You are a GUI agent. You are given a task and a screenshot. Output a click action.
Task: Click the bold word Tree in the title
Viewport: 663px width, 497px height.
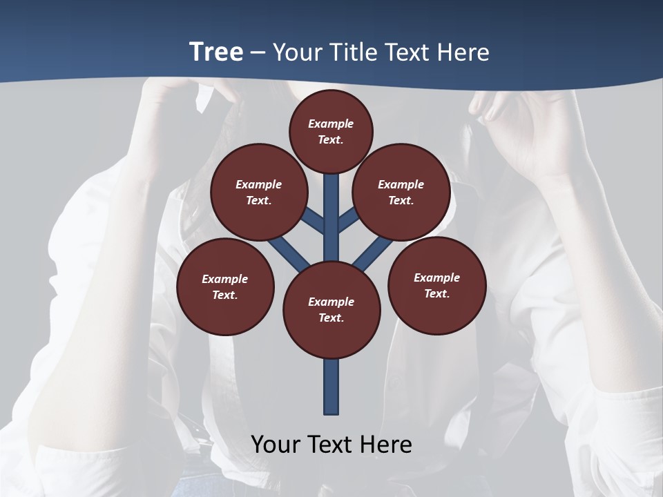pos(216,52)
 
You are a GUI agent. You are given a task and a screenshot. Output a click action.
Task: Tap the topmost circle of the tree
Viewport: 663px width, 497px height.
pos(331,131)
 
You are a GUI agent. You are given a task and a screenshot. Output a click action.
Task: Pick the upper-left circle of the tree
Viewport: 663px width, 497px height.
pos(259,192)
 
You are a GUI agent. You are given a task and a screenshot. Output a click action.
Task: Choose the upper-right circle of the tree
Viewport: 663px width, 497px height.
pos(401,192)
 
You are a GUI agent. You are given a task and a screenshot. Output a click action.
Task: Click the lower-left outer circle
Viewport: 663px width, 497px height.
pos(225,286)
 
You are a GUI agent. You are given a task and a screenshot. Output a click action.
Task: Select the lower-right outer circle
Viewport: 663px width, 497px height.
pos(436,285)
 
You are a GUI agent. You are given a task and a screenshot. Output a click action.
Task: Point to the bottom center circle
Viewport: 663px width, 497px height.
pos(331,309)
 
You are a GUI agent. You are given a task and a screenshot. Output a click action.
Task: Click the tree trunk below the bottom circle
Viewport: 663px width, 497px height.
pos(331,387)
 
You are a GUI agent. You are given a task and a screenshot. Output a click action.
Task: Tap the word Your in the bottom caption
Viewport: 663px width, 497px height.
pos(276,445)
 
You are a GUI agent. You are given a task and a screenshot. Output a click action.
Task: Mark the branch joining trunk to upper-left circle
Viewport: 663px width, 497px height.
pos(315,221)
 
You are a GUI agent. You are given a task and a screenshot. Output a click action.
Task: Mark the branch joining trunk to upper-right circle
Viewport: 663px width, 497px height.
pos(348,221)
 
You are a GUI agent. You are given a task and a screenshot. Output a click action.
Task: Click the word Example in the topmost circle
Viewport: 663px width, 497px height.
pos(331,124)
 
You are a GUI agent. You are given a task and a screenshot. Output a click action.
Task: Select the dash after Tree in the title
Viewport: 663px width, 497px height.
pos(258,52)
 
